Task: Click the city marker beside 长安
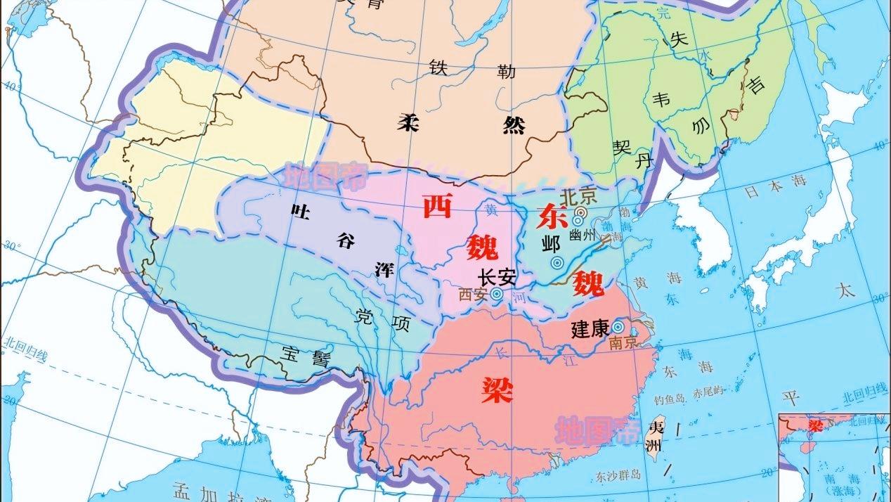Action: tap(497, 294)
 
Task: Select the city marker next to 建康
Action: tap(618, 327)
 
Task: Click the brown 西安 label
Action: tap(473, 295)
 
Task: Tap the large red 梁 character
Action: tap(497, 388)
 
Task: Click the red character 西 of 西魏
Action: tap(437, 205)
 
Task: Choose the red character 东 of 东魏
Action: tap(552, 217)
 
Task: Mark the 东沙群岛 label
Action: tap(618, 475)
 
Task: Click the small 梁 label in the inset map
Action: tap(814, 425)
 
